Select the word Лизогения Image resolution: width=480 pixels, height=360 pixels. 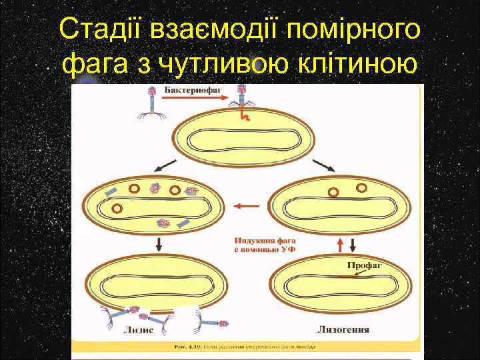pyautogui.click(x=343, y=329)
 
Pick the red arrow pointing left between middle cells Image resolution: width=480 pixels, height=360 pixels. pyautogui.click(x=247, y=205)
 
